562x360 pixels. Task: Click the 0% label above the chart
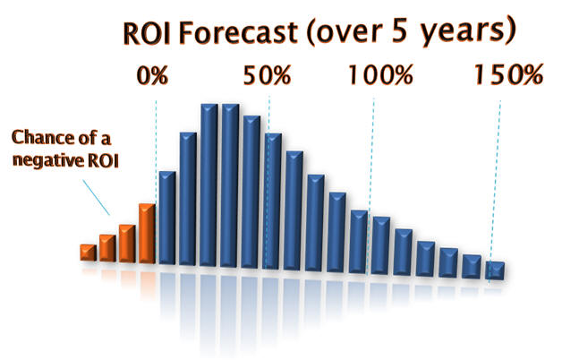(x=152, y=75)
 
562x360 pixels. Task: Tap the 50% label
(x=267, y=75)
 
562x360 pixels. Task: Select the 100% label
(x=381, y=75)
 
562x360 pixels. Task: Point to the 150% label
(x=509, y=74)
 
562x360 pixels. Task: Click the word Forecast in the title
(x=238, y=32)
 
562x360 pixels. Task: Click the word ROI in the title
(x=146, y=33)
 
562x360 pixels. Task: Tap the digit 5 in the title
(x=399, y=30)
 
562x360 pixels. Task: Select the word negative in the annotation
(x=45, y=160)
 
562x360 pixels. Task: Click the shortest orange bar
(x=89, y=253)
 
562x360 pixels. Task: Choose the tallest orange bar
(x=147, y=234)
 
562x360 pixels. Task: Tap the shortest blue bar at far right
(x=495, y=270)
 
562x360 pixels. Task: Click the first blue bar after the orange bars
(x=167, y=218)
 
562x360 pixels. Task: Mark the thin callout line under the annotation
(x=96, y=197)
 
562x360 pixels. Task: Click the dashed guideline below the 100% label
(x=370, y=186)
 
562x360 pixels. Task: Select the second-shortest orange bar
(x=107, y=248)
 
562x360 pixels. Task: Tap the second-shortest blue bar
(x=472, y=266)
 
